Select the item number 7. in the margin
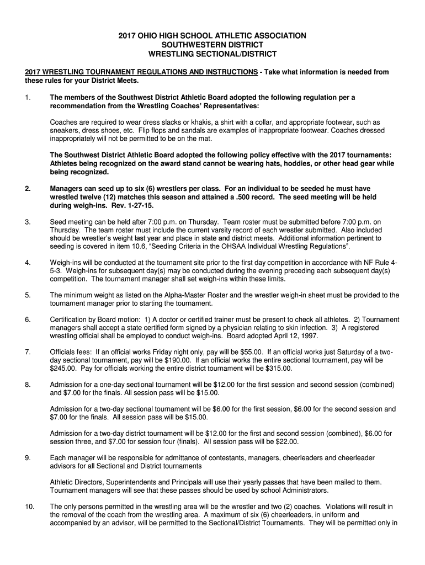(28, 351)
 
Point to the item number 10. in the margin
(30, 506)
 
